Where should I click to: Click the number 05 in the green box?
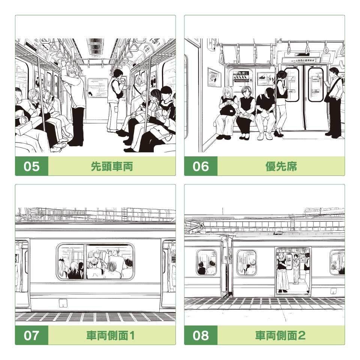coord(31,166)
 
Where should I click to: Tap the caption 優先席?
coord(281,166)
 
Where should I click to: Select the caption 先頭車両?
coord(112,166)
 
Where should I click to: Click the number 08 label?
coord(201,335)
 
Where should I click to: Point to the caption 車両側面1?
coord(112,335)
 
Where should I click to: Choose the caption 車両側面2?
coord(281,335)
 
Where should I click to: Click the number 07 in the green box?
coord(31,335)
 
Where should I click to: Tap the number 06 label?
coord(201,166)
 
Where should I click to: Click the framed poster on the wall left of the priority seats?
coord(214,77)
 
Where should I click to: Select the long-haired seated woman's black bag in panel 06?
coord(228,109)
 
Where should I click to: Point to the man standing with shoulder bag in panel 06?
coord(335,101)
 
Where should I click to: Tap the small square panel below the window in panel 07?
coord(63,303)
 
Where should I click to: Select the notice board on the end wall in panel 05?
coord(97,88)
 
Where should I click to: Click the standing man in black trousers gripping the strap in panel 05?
coord(76,105)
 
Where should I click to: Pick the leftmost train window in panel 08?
coord(206,262)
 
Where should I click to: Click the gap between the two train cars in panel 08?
coord(226,266)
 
